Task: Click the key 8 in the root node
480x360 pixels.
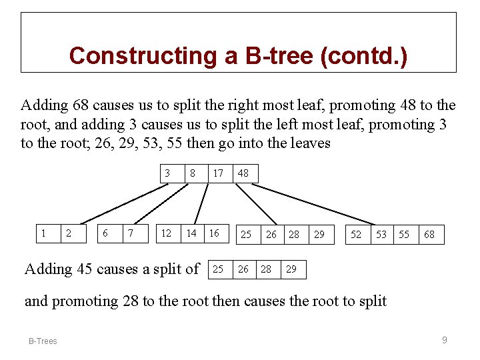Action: (192, 173)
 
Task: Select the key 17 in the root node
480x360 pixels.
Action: (218, 173)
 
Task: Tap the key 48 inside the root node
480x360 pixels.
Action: (243, 173)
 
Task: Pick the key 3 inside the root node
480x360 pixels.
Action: (167, 173)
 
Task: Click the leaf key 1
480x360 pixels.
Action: (43, 233)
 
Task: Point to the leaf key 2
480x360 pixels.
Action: (68, 233)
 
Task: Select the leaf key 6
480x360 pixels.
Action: (105, 233)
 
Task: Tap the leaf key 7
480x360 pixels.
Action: (130, 233)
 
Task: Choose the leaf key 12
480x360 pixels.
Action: (167, 233)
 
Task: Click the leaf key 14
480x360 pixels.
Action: (191, 233)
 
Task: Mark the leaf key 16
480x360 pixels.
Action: (214, 233)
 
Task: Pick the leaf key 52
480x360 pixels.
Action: (356, 234)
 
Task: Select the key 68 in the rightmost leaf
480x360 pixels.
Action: (429, 234)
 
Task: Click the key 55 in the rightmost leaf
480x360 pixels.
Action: (404, 234)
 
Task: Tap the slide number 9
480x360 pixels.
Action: (445, 340)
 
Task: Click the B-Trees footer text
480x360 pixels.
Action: (43, 341)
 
